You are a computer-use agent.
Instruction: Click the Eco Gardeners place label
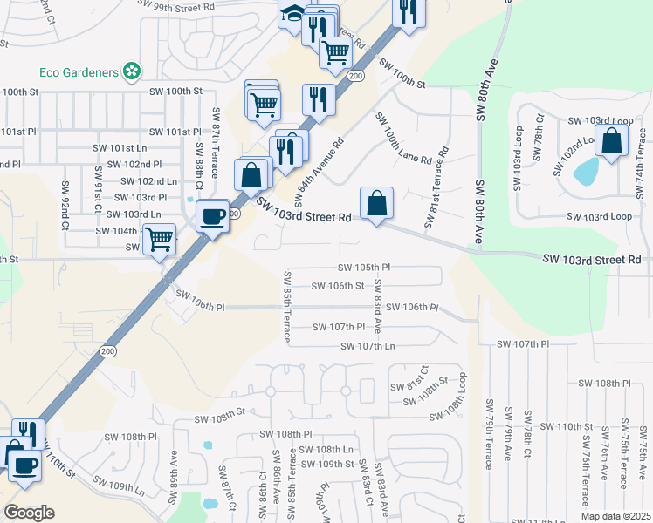click(x=79, y=71)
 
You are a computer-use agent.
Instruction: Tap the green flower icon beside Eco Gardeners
click(x=132, y=70)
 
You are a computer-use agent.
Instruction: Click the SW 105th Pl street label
click(x=364, y=268)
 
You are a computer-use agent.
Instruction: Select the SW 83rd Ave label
click(x=378, y=306)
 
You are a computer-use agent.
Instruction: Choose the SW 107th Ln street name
click(x=368, y=346)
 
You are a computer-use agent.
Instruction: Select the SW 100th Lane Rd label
click(x=404, y=139)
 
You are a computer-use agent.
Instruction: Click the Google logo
click(x=29, y=513)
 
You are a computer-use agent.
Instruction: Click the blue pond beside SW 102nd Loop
click(x=585, y=173)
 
